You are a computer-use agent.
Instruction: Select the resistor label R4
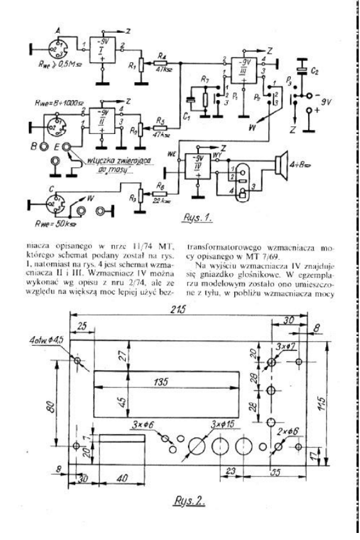[164, 57]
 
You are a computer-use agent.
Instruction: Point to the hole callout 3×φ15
[223, 426]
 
